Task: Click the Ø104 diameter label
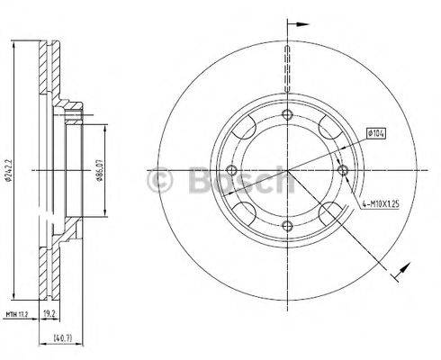tap(377, 136)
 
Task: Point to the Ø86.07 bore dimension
tap(102, 168)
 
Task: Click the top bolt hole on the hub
tap(287, 114)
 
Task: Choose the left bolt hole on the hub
tap(231, 170)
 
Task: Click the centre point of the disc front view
tap(287, 170)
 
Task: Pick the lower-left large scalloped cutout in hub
tap(246, 211)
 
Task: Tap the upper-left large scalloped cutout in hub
tap(246, 129)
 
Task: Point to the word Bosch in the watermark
tap(238, 184)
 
